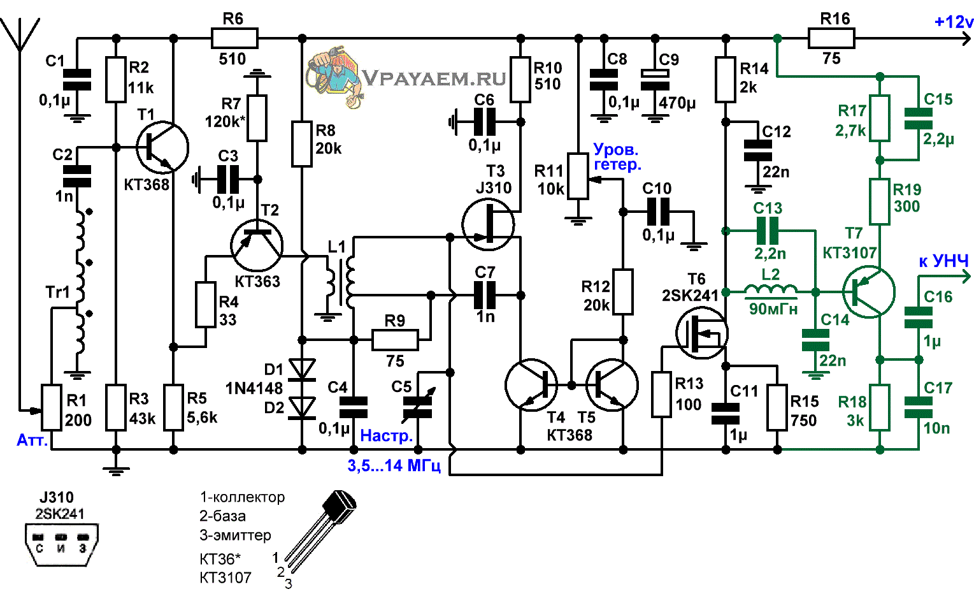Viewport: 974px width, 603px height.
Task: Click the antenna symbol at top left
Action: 20,35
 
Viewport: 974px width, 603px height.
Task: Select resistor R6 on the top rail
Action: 234,38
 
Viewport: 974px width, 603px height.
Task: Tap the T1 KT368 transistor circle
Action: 162,148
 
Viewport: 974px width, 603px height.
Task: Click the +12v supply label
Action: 953,22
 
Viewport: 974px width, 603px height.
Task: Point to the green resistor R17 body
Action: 880,118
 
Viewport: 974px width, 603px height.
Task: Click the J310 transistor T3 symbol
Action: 489,225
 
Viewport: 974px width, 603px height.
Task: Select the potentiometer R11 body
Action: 578,176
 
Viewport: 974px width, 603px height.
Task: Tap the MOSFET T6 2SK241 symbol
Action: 701,333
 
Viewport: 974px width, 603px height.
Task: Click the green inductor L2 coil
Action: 771,289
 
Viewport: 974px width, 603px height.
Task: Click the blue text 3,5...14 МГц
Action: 394,465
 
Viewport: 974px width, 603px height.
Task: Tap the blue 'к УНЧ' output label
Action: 943,261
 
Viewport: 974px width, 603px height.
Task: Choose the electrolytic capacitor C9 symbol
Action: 655,80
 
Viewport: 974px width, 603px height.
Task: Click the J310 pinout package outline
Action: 61,544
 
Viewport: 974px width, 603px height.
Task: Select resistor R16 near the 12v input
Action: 831,38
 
